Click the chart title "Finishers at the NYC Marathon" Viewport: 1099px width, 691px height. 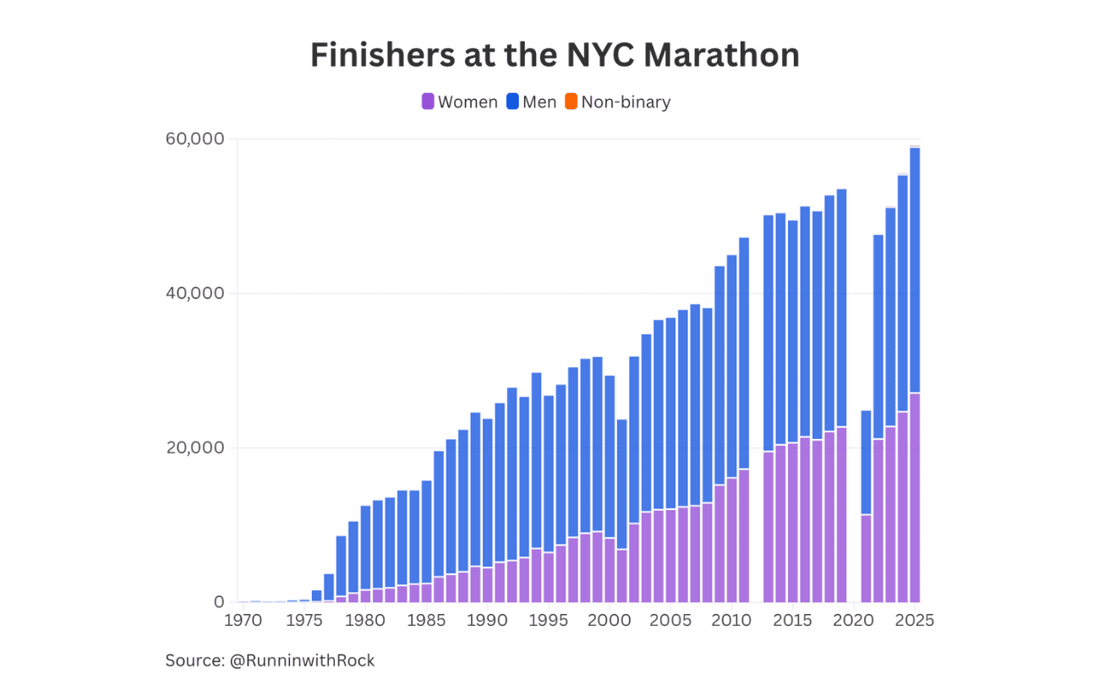point(555,56)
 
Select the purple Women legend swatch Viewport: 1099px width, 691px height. point(428,102)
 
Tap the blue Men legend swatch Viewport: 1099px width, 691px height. point(513,102)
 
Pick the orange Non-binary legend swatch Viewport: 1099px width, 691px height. point(571,102)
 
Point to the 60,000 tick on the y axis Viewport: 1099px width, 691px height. point(195,139)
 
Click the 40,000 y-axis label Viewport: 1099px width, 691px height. point(195,293)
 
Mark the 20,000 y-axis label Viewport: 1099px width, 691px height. point(195,448)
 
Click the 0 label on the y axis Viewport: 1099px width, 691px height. point(219,602)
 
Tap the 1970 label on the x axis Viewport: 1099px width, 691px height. point(243,621)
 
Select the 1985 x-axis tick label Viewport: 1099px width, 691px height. point(427,621)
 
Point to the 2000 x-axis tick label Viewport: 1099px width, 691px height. point(610,621)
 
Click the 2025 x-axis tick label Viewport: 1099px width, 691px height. point(915,621)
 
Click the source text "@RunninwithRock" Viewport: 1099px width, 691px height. point(302,661)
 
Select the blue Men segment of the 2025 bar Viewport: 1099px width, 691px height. point(915,271)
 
